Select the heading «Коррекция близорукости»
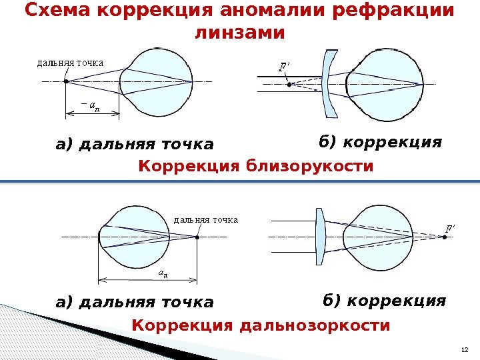pyautogui.click(x=256, y=165)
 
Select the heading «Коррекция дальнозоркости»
pyautogui.click(x=261, y=325)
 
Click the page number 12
pyautogui.click(x=465, y=351)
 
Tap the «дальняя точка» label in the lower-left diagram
pyautogui.click(x=205, y=219)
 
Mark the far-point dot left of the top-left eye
pyautogui.click(x=66, y=81)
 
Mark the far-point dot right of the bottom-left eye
pyautogui.click(x=197, y=236)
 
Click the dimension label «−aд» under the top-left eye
pyautogui.click(x=90, y=103)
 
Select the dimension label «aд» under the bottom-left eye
pyautogui.click(x=163, y=272)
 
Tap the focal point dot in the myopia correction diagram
pyautogui.click(x=289, y=85)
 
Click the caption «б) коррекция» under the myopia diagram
pyautogui.click(x=381, y=142)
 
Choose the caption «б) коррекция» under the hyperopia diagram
pyautogui.click(x=384, y=301)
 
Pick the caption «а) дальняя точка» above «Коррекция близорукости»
pyautogui.click(x=135, y=144)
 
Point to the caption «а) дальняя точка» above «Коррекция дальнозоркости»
pyautogui.click(x=135, y=303)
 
